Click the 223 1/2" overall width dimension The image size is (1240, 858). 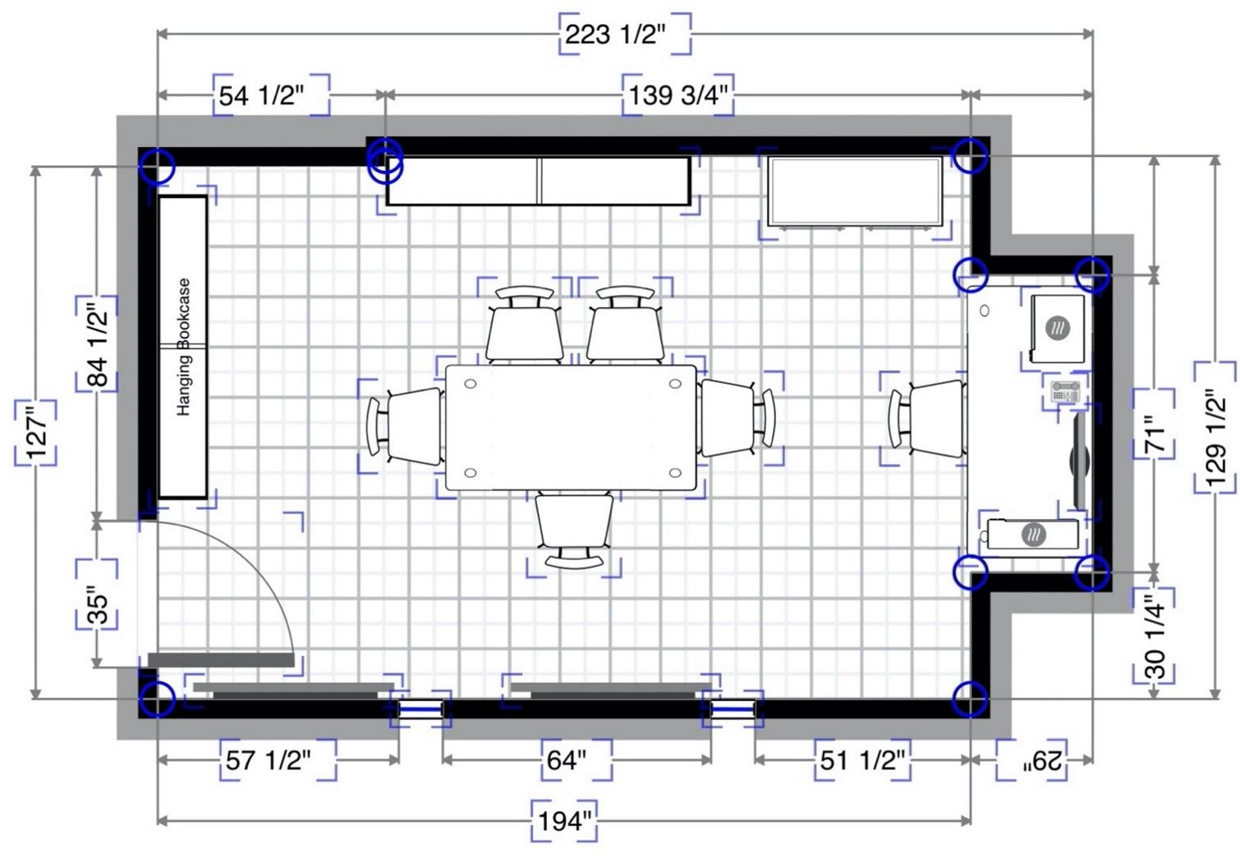click(x=614, y=35)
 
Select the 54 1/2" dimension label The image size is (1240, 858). click(x=261, y=96)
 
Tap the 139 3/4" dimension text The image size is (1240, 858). click(x=677, y=95)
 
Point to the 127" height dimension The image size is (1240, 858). click(x=36, y=432)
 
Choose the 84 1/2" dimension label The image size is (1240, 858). click(x=98, y=344)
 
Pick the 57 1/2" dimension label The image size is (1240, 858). click(x=268, y=760)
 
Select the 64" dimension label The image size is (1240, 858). click(x=567, y=760)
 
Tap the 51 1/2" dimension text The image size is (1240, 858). click(x=862, y=760)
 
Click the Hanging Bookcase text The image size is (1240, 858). click(x=183, y=347)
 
